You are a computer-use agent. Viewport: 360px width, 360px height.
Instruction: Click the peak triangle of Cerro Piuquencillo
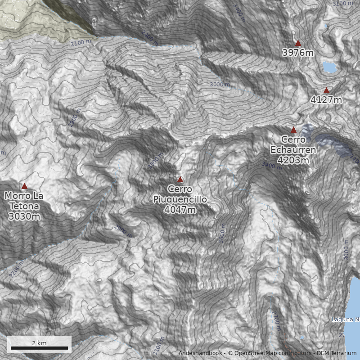coord(180,179)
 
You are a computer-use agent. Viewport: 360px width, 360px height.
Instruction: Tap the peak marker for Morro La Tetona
coord(24,186)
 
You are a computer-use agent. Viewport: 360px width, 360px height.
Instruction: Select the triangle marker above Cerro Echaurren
coord(293,130)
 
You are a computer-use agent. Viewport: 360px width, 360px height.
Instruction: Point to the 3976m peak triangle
coord(298,43)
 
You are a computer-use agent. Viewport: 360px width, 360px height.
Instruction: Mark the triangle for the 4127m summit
coord(326,90)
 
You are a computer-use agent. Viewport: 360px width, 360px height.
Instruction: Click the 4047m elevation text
coord(180,210)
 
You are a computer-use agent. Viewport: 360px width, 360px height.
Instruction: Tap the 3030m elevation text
coord(24,216)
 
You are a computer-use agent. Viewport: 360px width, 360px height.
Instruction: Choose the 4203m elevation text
coord(293,160)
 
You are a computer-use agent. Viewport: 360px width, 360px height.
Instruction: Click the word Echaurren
coord(293,150)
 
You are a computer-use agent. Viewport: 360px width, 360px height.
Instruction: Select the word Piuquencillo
coord(180,199)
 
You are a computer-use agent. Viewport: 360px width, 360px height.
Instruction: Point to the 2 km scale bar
coord(39,348)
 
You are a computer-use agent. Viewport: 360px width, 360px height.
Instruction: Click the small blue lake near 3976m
coord(330,67)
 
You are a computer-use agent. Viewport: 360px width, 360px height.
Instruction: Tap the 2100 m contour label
coord(81,43)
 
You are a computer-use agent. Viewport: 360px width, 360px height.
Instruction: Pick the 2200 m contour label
coord(15,269)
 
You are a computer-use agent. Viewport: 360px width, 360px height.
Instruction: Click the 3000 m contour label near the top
coord(220,84)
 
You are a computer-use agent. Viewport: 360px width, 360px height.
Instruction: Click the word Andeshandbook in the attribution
coord(201,353)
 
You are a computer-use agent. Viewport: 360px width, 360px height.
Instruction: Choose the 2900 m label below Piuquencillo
coord(123,231)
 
